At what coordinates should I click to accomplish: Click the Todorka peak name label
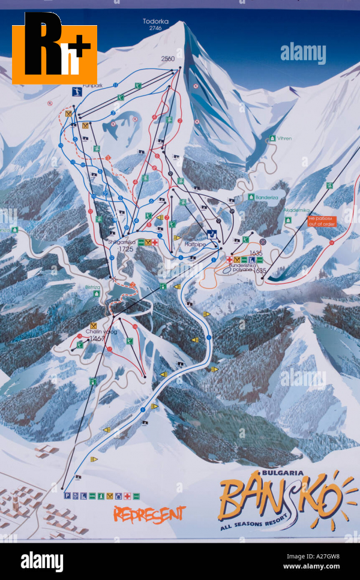tap(155, 22)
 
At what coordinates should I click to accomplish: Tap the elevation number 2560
tap(167, 58)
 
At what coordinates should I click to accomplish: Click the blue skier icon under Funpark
tap(76, 93)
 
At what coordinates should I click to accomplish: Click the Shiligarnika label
tap(120, 242)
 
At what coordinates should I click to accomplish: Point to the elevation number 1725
tap(125, 248)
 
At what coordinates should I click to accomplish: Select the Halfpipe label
tap(196, 244)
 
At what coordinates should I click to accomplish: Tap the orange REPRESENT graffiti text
tap(149, 514)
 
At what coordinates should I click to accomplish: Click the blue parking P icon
tap(67, 495)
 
